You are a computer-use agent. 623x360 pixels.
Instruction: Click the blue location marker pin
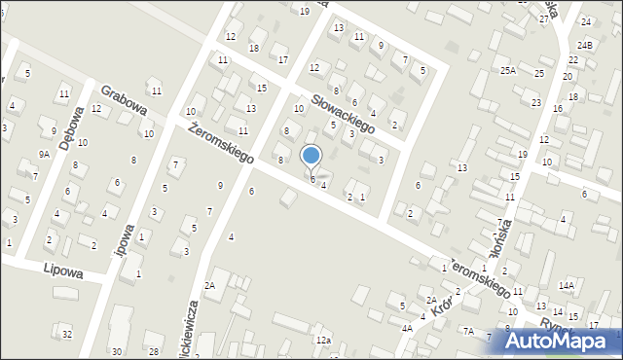point(311,156)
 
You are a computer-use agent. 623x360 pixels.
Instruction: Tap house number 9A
point(44,154)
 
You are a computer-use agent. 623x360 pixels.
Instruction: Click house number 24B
point(584,45)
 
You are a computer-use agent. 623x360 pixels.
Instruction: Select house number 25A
point(508,70)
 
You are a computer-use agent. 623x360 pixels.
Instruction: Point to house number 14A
point(567,285)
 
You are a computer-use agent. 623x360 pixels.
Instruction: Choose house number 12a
point(323,340)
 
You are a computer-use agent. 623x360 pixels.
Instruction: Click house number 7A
point(468,332)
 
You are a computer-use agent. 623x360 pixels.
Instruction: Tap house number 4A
point(407,329)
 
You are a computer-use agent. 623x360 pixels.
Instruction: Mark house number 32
point(66,335)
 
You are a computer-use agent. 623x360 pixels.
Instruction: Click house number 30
point(117,351)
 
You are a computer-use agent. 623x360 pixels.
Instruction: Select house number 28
point(154,350)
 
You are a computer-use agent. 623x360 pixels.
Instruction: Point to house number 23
point(535,102)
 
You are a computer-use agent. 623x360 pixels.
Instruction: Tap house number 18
point(254,48)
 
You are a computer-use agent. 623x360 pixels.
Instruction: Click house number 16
point(558,108)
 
